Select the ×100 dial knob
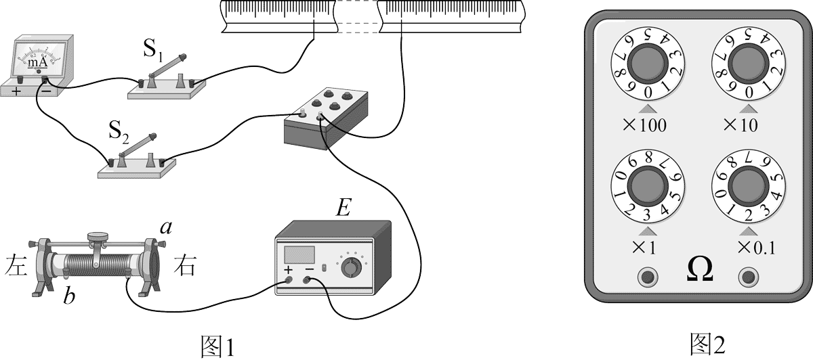coord(648,66)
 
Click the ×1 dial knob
coord(648,185)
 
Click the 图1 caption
coord(217,347)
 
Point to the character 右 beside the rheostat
coord(185,265)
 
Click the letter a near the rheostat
coord(164,228)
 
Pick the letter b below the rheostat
coord(69,296)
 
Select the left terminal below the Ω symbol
coord(648,276)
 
